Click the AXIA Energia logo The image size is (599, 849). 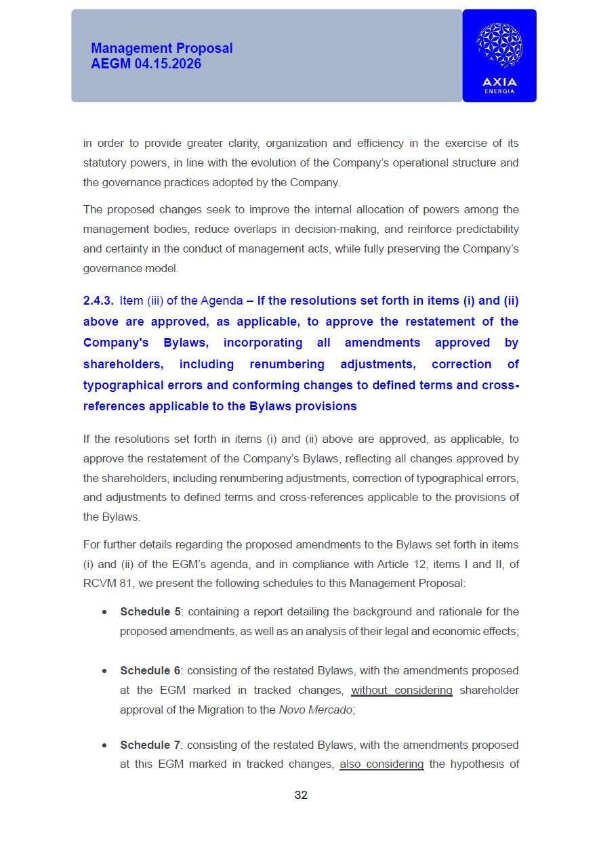(x=499, y=56)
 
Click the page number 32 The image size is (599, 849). (x=301, y=795)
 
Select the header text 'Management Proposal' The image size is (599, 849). (x=161, y=48)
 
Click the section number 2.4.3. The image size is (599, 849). (x=98, y=301)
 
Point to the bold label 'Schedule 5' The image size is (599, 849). (x=150, y=611)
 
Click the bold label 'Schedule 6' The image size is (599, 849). (x=150, y=670)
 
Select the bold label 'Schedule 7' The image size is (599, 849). (x=150, y=745)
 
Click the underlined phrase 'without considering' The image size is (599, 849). (x=401, y=690)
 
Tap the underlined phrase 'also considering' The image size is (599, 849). (x=381, y=764)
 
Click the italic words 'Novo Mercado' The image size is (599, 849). (x=315, y=710)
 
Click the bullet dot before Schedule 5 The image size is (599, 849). (x=104, y=612)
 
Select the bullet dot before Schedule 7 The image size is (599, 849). (x=104, y=745)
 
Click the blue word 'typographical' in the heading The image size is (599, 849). (x=121, y=385)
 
